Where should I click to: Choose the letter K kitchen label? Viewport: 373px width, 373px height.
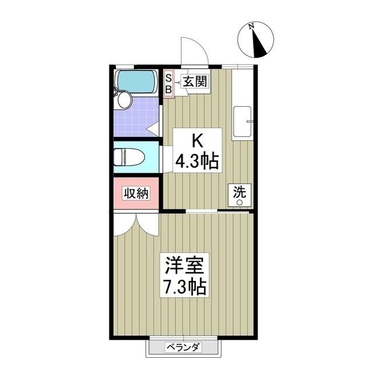click(198, 140)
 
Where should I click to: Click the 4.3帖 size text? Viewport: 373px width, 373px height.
click(198, 161)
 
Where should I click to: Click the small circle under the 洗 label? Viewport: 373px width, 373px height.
click(239, 202)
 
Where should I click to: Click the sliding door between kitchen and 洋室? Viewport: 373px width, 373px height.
click(219, 211)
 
